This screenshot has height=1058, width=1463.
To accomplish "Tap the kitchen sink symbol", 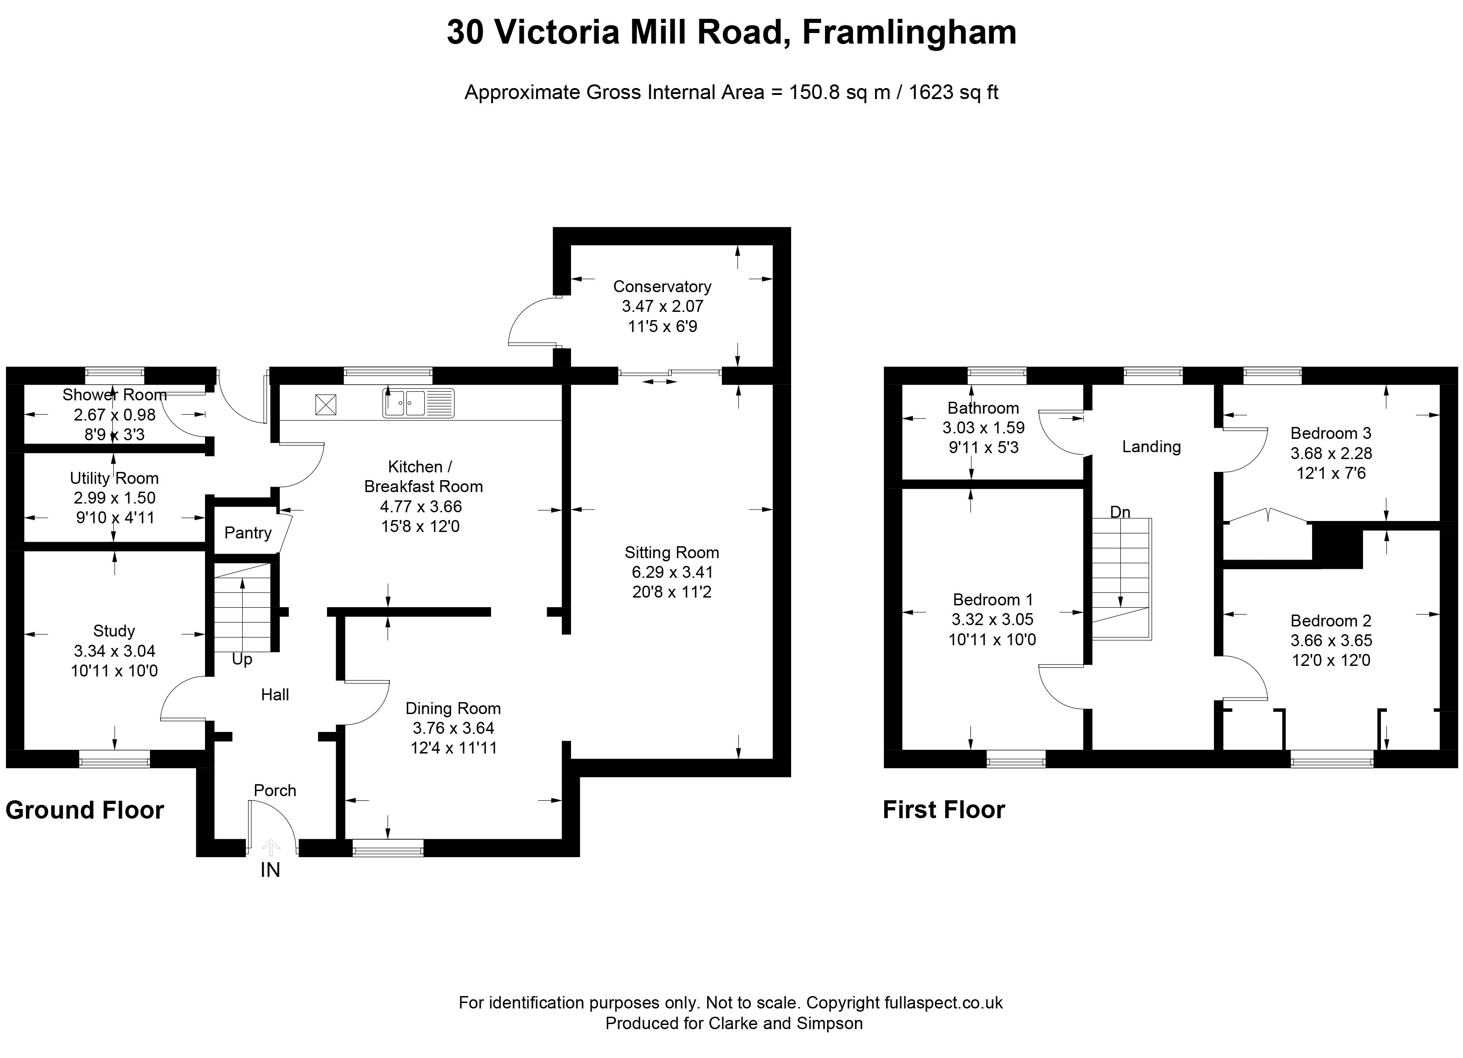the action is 419,403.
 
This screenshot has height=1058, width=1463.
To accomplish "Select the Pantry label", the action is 248,533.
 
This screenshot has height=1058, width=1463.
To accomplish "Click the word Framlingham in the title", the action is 909,32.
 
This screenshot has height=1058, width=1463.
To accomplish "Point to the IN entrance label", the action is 270,870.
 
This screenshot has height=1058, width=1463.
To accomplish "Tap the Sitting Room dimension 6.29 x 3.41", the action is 672,572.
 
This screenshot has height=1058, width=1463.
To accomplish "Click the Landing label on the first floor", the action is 1152,446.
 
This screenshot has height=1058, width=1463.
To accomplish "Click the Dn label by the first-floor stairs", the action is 1120,512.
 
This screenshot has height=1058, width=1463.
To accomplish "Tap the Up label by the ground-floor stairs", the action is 242,659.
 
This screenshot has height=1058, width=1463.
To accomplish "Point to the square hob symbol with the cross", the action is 326,405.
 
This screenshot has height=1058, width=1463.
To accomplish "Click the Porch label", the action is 275,790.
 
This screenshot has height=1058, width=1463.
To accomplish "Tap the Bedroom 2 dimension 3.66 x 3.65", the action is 1331,641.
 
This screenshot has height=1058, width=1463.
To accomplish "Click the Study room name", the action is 114,631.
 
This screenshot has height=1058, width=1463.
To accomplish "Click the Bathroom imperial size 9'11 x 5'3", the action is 984,448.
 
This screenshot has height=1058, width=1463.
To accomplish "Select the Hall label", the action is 275,695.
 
